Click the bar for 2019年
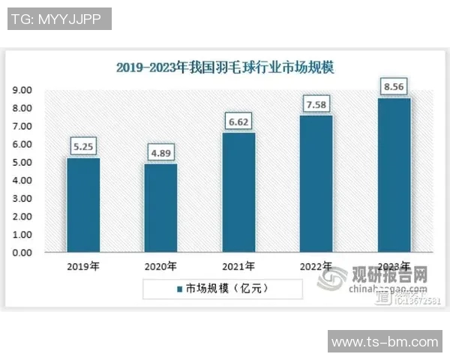[x=82, y=205]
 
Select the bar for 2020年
[x=160, y=208]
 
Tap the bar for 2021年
[x=238, y=192]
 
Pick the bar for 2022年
[x=316, y=184]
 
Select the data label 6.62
[x=238, y=120]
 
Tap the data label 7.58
[x=316, y=103]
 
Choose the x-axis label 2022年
[x=316, y=265]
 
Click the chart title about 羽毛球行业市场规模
[x=225, y=67]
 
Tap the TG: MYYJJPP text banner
[x=59, y=19]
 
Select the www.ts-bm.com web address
[x=385, y=342]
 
